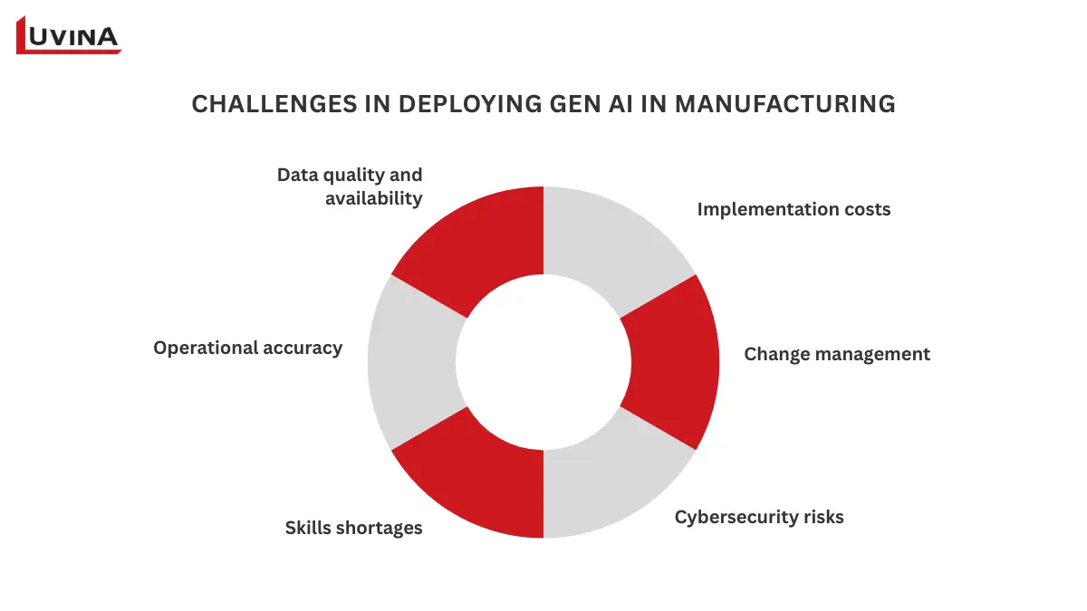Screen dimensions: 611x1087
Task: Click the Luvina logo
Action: point(69,35)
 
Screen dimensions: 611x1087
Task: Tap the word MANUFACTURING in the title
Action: point(785,104)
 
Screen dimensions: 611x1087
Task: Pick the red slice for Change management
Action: point(675,362)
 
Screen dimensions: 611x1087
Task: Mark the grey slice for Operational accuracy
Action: point(412,362)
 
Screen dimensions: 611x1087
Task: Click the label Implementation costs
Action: point(794,210)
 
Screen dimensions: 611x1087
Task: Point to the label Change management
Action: point(837,354)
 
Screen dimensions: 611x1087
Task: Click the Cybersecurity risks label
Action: point(759,518)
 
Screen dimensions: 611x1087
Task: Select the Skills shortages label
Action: point(353,528)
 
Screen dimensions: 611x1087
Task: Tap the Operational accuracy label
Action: point(247,348)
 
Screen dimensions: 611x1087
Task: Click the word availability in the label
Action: point(374,198)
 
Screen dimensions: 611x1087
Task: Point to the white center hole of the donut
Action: point(543,362)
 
